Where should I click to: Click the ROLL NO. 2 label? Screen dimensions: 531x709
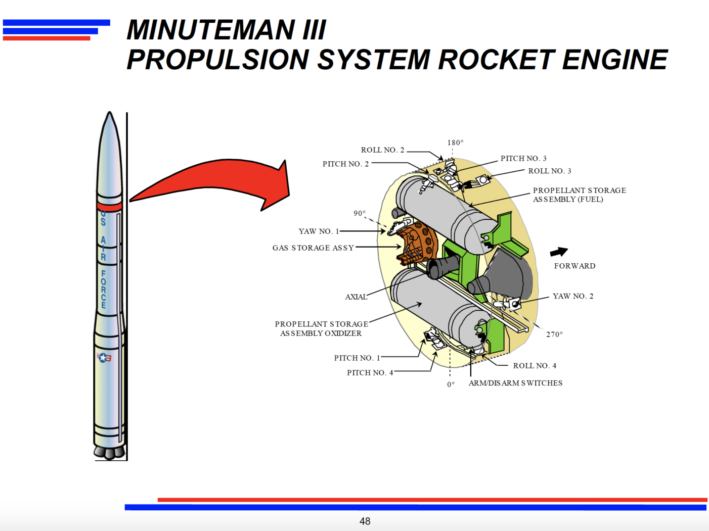coord(382,150)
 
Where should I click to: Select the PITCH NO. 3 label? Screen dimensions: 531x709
coord(523,159)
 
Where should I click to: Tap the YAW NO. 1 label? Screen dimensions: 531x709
coord(319,231)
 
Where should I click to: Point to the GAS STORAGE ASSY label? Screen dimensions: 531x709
coord(313,248)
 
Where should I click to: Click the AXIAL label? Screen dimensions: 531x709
coord(356,297)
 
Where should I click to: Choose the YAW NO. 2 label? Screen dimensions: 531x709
coord(573,296)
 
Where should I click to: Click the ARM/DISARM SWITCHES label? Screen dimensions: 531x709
coord(515,383)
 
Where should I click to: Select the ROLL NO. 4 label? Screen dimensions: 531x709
coord(535,366)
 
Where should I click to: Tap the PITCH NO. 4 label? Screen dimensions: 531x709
coord(370,373)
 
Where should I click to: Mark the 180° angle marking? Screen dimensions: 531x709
coord(455,142)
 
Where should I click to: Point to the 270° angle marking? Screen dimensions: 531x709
coord(554,334)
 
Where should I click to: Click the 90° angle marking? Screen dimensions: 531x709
coord(360,213)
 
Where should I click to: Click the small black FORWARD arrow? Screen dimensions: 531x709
coord(559,252)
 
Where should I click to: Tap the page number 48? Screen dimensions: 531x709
coord(365,521)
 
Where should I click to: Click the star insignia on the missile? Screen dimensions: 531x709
coord(104,358)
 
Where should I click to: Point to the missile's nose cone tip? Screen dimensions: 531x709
coord(109,114)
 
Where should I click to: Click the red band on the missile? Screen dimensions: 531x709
coord(109,207)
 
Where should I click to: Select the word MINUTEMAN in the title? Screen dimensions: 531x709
coord(211,30)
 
